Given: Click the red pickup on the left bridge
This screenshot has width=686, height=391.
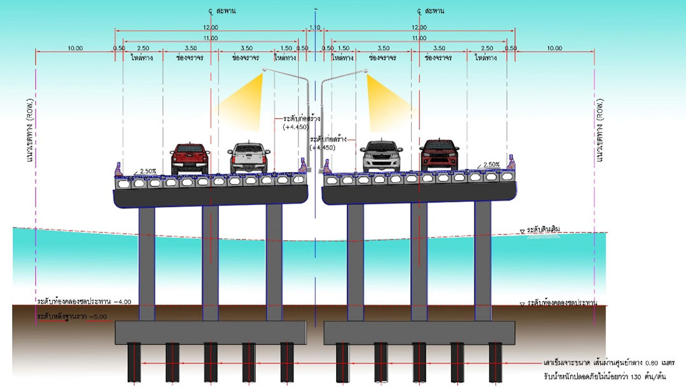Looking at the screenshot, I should pyautogui.click(x=190, y=159).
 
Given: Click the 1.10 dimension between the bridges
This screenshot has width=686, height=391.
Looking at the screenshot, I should pyautogui.click(x=314, y=27).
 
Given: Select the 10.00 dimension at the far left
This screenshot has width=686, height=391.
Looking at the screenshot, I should pyautogui.click(x=75, y=48).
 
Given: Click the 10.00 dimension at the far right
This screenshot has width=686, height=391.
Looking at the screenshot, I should pyautogui.click(x=554, y=48).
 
